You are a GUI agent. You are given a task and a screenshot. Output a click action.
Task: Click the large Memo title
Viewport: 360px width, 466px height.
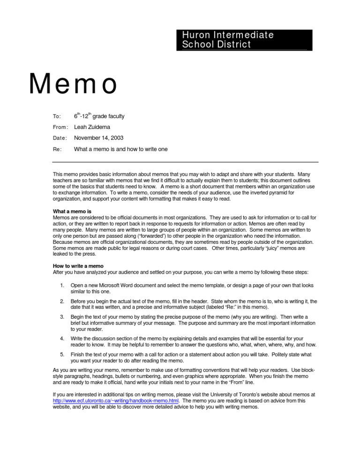(x=73, y=85)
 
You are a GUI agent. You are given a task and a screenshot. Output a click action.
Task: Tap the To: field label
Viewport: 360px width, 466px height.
(x=56, y=116)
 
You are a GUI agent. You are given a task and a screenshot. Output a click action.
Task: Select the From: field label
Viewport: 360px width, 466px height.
(x=60, y=127)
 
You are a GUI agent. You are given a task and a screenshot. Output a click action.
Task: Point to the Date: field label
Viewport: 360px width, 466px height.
(x=60, y=138)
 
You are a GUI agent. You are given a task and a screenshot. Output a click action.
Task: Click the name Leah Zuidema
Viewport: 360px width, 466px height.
(x=92, y=127)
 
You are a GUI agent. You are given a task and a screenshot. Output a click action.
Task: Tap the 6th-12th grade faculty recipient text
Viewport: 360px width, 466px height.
(x=99, y=116)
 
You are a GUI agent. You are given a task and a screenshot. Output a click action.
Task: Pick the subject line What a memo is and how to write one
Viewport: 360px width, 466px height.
(x=121, y=149)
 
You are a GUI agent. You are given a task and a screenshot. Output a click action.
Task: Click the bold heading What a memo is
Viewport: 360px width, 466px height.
(x=72, y=211)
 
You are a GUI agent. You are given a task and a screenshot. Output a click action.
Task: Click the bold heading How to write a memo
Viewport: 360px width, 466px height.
(x=78, y=266)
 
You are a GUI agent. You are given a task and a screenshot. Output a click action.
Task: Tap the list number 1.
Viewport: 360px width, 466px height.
(x=62, y=285)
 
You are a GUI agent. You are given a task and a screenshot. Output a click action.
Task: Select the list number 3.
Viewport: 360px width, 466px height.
(x=62, y=317)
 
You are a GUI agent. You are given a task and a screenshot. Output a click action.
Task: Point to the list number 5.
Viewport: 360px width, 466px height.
(x=62, y=354)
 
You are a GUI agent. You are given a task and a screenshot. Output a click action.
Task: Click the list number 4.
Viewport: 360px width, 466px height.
(x=62, y=338)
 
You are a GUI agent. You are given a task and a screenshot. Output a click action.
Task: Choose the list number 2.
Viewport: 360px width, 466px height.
(x=62, y=301)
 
